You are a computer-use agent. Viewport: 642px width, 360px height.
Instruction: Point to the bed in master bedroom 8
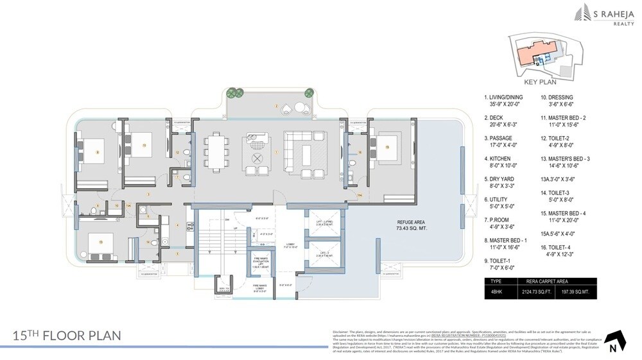(98, 152)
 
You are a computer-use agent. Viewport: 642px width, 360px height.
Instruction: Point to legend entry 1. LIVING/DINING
(507, 98)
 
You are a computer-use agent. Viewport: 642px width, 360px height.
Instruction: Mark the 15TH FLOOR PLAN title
(67, 335)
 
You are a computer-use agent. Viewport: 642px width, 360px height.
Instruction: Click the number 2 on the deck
(276, 107)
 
